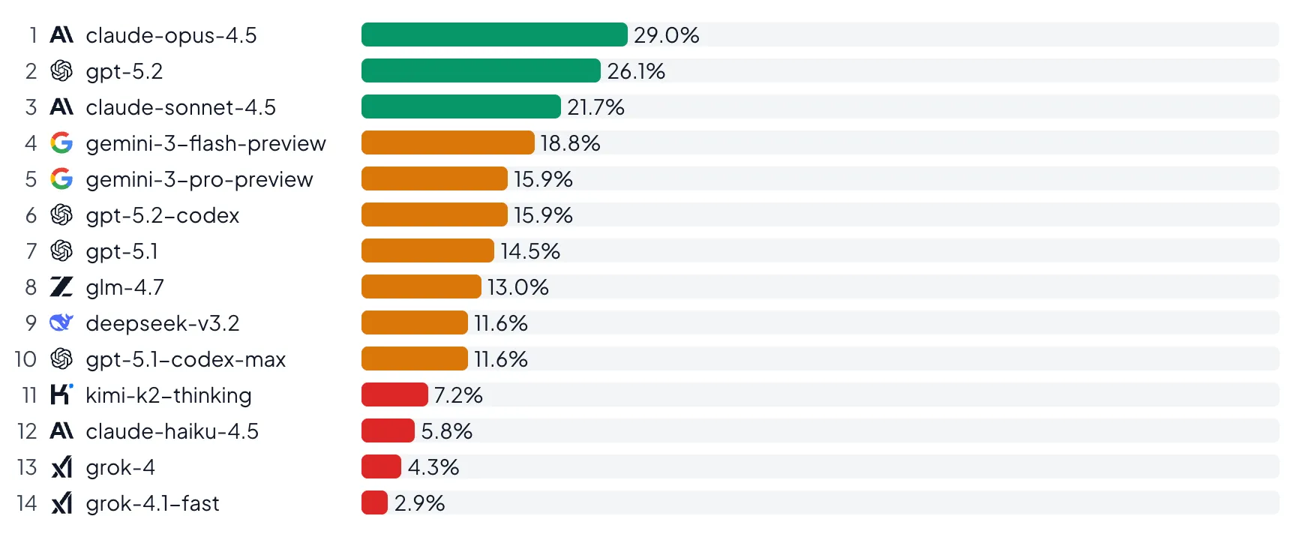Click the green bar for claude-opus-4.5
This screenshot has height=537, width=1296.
493,34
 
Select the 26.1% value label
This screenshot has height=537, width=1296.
635,71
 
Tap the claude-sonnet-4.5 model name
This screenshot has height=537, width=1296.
181,107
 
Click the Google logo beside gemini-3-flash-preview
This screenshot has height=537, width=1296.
61,142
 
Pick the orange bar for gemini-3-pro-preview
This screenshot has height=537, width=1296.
433,178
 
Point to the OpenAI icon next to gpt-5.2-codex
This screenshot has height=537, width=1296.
61,215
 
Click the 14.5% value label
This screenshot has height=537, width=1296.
529,251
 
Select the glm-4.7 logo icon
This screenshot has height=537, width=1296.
61,286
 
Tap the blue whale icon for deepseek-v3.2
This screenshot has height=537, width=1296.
61,322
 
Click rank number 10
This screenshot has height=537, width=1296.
25,359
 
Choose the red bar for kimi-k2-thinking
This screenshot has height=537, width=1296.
394,394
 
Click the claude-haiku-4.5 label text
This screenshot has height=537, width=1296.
172,431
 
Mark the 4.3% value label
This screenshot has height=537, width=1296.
433,467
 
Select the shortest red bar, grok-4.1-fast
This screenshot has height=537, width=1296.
374,502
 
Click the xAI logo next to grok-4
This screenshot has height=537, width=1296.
61,467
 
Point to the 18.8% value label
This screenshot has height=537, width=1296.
570,143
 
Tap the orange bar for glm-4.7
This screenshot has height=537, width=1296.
421,286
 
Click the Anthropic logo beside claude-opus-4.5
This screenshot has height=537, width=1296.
61,34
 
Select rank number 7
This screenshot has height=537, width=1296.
31,251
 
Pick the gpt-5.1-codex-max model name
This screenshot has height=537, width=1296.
185,359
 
